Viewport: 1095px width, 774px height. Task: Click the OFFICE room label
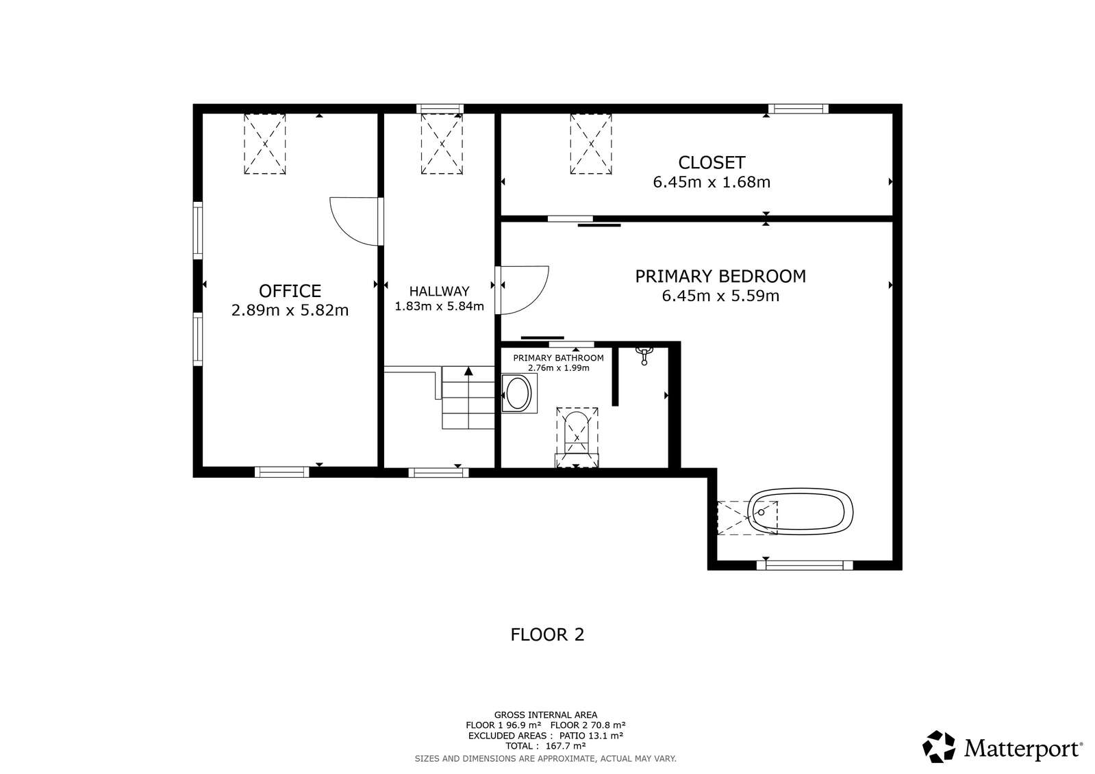(x=290, y=292)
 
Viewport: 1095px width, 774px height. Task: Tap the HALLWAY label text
(x=439, y=292)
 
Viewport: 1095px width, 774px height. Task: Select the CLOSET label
(x=712, y=163)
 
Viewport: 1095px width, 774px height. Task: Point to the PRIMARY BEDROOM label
(x=720, y=276)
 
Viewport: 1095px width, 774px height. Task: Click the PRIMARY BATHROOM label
(x=558, y=358)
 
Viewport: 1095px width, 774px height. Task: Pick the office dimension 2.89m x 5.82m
(x=290, y=310)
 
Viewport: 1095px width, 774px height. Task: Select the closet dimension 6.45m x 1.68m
(x=712, y=182)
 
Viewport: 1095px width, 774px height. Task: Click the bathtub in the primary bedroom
(x=801, y=512)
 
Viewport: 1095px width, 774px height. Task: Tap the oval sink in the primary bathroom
(x=518, y=394)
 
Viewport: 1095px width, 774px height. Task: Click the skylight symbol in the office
(x=265, y=144)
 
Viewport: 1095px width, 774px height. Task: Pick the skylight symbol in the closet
(x=591, y=144)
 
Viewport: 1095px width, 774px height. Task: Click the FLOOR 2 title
(x=548, y=635)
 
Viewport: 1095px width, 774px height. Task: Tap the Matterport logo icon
(x=939, y=747)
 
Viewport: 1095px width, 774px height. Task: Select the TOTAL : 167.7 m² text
(x=546, y=746)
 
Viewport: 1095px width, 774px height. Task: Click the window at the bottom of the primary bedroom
(x=805, y=565)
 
